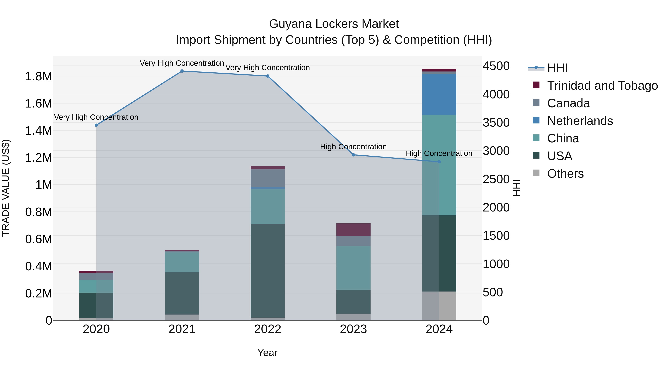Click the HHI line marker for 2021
(x=182, y=71)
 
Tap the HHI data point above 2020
(x=96, y=125)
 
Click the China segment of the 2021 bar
(x=182, y=262)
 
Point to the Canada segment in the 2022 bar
(x=267, y=178)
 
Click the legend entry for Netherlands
(x=580, y=121)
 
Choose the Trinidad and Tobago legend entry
(x=602, y=86)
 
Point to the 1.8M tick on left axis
(x=38, y=76)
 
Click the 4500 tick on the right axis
(x=496, y=66)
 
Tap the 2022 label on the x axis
(x=267, y=329)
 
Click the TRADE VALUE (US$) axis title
(x=6, y=188)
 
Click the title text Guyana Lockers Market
(x=334, y=24)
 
